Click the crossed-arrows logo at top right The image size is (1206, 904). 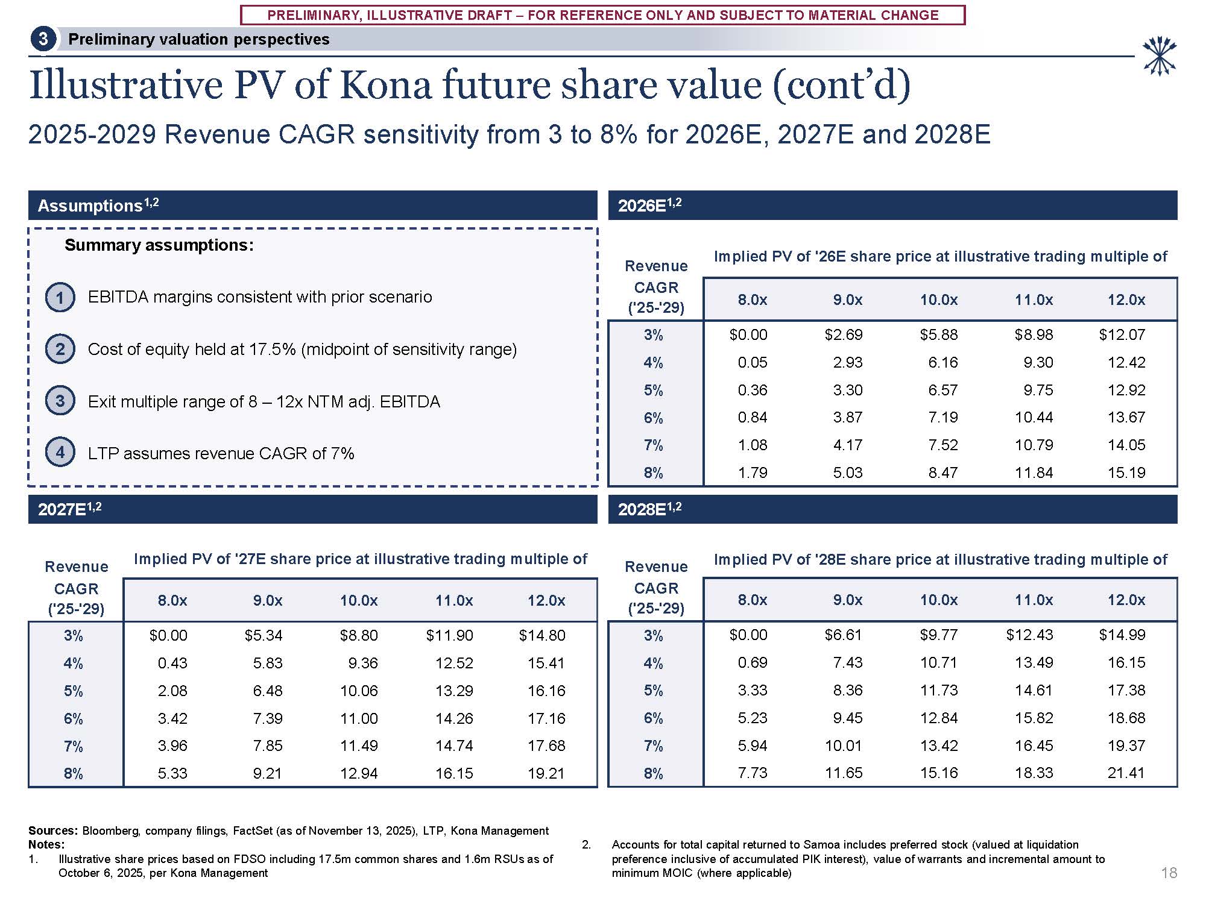click(1159, 57)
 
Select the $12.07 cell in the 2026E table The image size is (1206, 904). click(1122, 334)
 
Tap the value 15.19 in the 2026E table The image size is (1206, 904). click(1126, 472)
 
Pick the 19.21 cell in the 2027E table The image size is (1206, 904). click(546, 773)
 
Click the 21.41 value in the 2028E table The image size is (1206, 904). click(1126, 773)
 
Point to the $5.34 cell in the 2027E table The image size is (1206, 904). click(264, 635)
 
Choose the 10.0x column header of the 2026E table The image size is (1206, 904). click(938, 300)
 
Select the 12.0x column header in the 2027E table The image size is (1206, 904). click(546, 600)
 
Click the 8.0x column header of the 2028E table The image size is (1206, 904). click(753, 600)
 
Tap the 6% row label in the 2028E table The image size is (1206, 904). click(654, 718)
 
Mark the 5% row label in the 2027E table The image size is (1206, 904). click(74, 691)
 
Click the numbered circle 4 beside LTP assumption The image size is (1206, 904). click(60, 452)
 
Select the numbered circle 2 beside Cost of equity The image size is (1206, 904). click(60, 349)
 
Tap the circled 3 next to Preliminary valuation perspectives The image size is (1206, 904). click(43, 39)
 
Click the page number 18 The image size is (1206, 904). click(1169, 873)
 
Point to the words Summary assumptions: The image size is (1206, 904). click(159, 245)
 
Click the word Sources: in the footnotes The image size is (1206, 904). click(53, 830)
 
